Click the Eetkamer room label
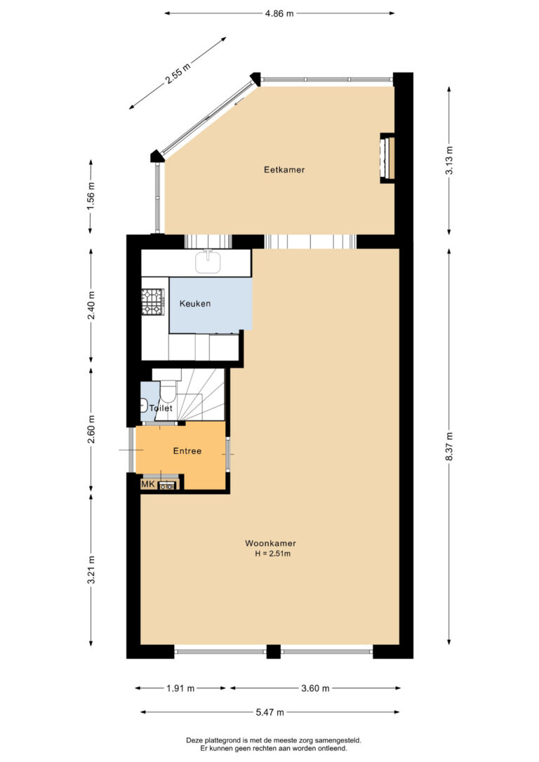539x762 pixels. pyautogui.click(x=284, y=170)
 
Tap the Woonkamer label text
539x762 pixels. pyautogui.click(x=270, y=543)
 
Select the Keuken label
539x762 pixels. pyautogui.click(x=195, y=304)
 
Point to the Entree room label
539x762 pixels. pyautogui.click(x=187, y=451)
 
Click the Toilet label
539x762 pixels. pyautogui.click(x=161, y=408)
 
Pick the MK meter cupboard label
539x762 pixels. pyautogui.click(x=148, y=485)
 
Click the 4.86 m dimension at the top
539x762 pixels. pyautogui.click(x=279, y=13)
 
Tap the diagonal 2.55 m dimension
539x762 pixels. pyautogui.click(x=178, y=73)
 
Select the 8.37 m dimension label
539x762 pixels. pyautogui.click(x=449, y=447)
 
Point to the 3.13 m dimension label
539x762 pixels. pyautogui.click(x=449, y=161)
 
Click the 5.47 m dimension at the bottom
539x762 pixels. pyautogui.click(x=270, y=712)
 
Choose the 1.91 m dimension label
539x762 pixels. pyautogui.click(x=180, y=688)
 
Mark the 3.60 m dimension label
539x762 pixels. pyautogui.click(x=315, y=688)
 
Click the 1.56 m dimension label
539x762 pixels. pyautogui.click(x=91, y=196)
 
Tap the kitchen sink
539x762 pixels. pyautogui.click(x=208, y=262)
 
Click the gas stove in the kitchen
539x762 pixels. pyautogui.click(x=152, y=301)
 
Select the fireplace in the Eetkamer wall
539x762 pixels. pyautogui.click(x=387, y=158)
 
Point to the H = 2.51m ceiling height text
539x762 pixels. pyautogui.click(x=273, y=554)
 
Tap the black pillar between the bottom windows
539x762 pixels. pyautogui.click(x=274, y=651)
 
